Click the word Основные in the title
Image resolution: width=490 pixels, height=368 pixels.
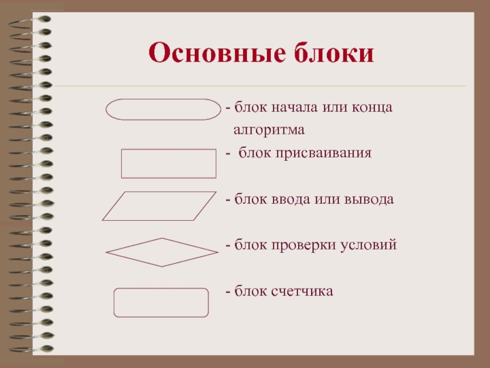click(217, 52)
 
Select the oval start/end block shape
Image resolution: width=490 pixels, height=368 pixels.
click(163, 99)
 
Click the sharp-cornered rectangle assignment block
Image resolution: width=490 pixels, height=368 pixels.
click(168, 150)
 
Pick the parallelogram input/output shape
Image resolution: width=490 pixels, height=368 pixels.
click(159, 192)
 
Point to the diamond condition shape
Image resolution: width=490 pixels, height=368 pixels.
click(134, 245)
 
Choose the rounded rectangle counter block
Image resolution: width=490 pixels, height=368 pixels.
click(161, 288)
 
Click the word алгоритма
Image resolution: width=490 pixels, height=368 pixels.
click(269, 129)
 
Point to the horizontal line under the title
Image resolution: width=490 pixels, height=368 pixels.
click(260, 85)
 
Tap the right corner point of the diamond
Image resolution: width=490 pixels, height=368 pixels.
click(219, 252)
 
